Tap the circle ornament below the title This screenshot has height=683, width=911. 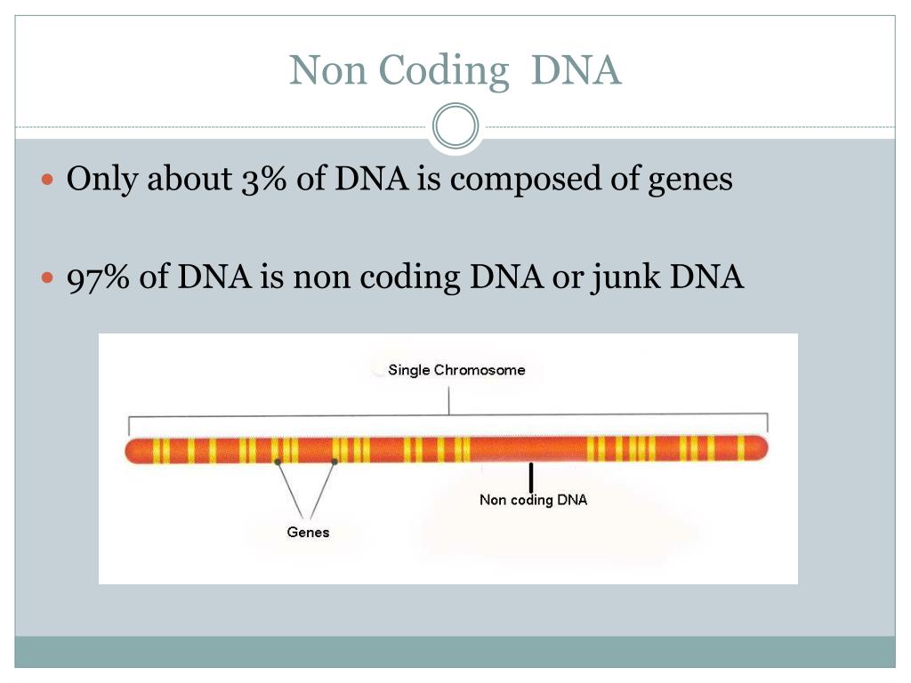(x=455, y=127)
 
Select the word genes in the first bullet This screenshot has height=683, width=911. (x=693, y=180)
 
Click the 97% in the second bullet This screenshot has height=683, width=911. (x=99, y=278)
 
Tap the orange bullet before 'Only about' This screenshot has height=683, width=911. (x=50, y=180)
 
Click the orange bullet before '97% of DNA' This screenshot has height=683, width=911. (x=50, y=278)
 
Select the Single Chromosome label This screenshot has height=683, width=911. (x=456, y=370)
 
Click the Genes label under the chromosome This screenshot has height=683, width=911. (x=308, y=533)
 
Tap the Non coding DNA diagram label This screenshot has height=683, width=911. (x=533, y=500)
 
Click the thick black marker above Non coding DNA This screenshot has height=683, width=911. (x=531, y=477)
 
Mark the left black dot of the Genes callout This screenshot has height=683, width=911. (x=278, y=462)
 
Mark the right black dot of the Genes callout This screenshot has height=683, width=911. (x=335, y=462)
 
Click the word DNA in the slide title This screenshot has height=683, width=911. (x=576, y=71)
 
